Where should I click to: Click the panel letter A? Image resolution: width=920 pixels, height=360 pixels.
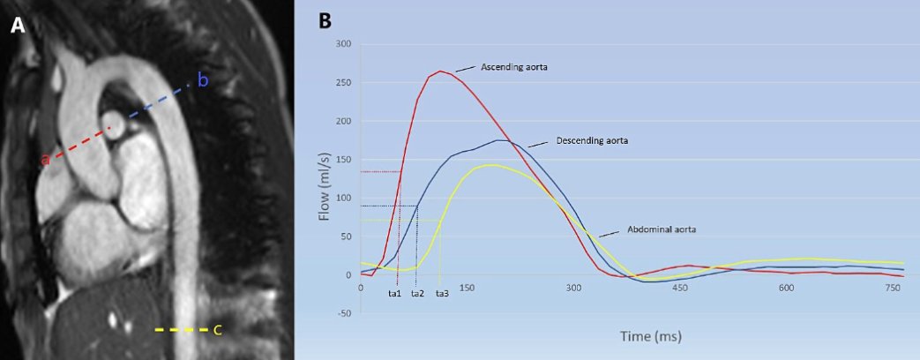coord(19,26)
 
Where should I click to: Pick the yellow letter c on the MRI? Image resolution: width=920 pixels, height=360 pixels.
coord(217,330)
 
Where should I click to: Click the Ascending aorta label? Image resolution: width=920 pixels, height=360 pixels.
coord(514,66)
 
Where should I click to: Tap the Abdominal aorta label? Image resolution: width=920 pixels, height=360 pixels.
coord(662,229)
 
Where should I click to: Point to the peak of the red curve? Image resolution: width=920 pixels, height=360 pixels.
coord(440,71)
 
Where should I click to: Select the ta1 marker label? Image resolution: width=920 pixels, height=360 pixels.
coord(395,294)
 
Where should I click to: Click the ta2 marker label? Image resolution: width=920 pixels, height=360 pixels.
coord(417,294)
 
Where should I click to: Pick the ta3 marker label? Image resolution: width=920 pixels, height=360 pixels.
coord(442,294)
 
